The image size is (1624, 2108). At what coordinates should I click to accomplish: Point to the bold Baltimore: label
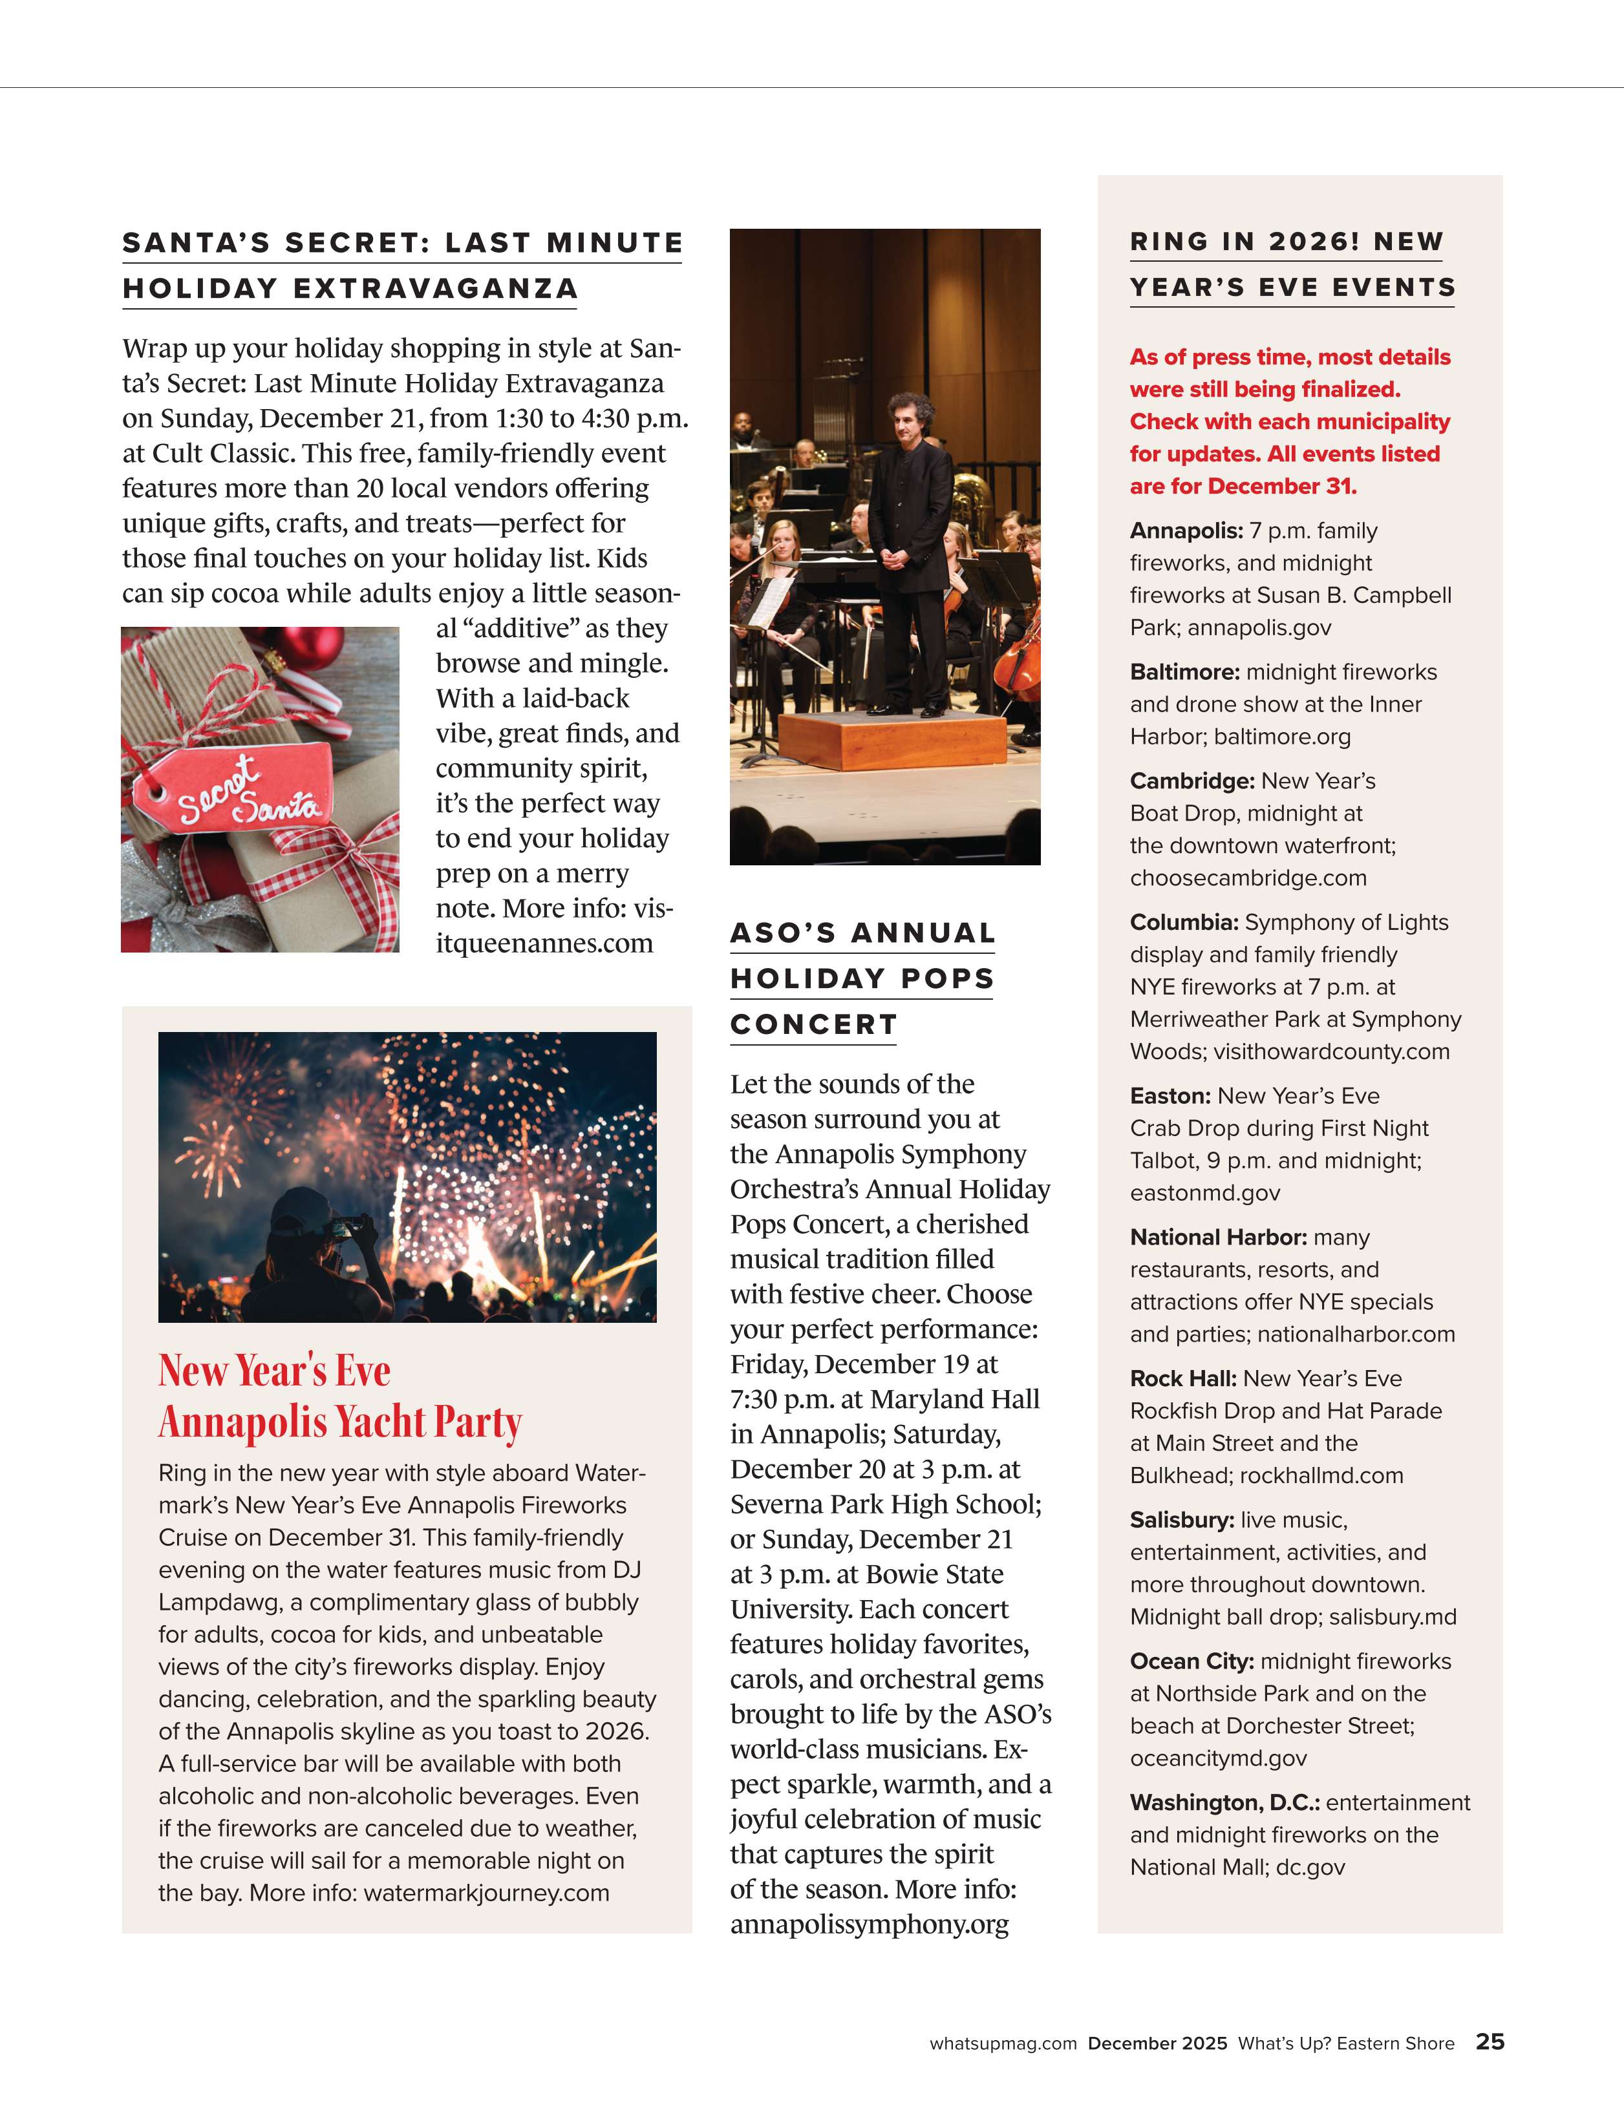click(x=1184, y=672)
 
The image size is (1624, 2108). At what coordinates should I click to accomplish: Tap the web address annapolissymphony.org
click(x=869, y=1924)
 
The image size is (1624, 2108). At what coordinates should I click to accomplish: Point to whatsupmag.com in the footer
click(x=1002, y=2043)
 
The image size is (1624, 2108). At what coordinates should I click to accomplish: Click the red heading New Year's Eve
click(x=274, y=1371)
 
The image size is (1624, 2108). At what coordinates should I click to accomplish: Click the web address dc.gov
click(x=1310, y=1867)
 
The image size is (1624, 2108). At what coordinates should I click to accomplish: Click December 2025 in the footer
click(x=1157, y=2043)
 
